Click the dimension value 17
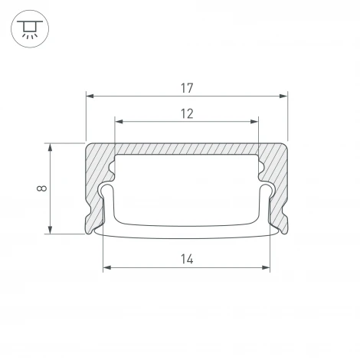tap(187, 87)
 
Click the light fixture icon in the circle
tap(28, 29)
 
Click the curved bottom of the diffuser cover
tap(187, 229)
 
